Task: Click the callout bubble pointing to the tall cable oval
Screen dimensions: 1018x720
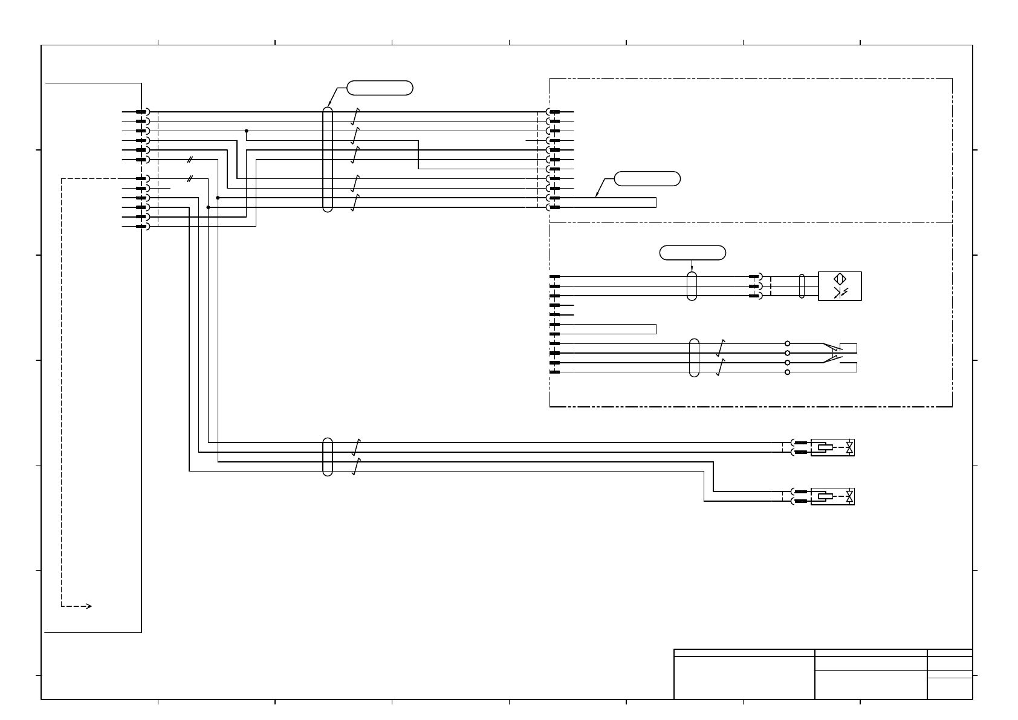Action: click(380, 88)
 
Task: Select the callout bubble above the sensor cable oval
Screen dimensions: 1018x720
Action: click(693, 253)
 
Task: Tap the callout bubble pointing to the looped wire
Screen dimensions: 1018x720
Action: click(647, 178)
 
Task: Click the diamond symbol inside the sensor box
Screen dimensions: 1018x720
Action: click(840, 279)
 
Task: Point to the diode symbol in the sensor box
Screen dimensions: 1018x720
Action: click(840, 293)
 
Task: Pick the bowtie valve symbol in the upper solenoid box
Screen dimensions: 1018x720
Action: click(850, 447)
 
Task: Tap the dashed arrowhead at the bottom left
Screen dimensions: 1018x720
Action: click(88, 606)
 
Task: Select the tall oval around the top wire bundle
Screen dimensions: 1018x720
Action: click(328, 160)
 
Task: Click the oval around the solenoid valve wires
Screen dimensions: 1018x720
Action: click(328, 457)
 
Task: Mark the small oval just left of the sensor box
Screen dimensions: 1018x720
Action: click(802, 286)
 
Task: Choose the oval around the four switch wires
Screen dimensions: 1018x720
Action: click(694, 358)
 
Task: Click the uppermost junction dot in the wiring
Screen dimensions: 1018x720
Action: click(247, 131)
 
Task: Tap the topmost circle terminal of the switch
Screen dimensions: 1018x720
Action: click(787, 343)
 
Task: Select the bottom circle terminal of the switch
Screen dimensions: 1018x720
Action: click(787, 372)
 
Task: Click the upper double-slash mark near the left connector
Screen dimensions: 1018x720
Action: click(190, 160)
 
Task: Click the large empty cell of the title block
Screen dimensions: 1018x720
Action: click(744, 677)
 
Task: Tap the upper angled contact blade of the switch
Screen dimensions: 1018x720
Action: click(832, 348)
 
